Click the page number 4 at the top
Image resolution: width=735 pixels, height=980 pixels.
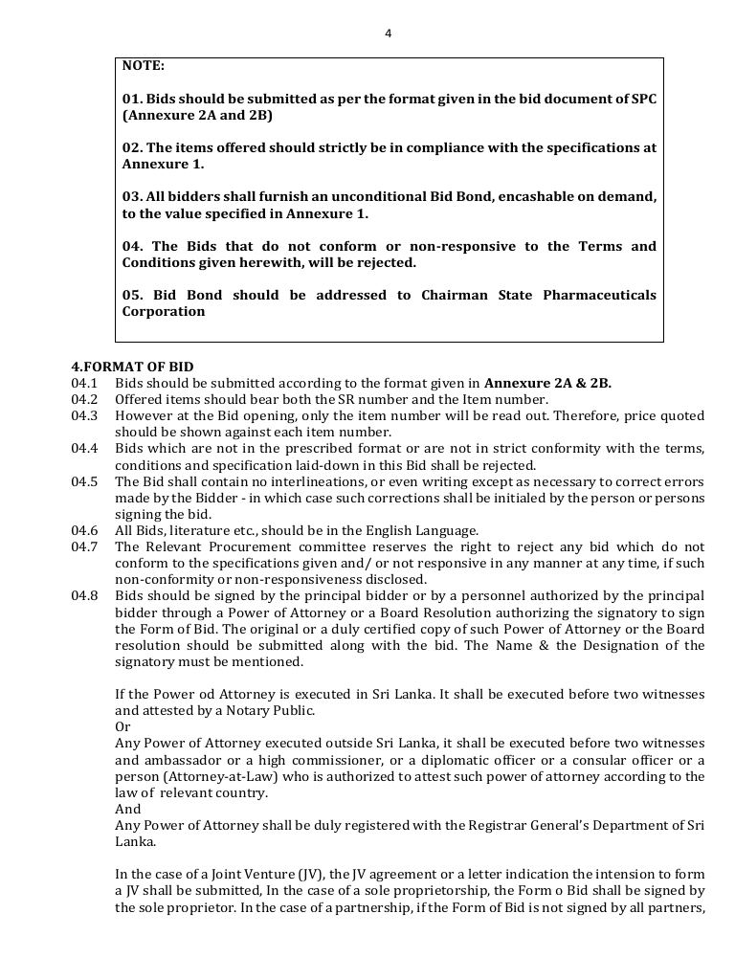tap(388, 33)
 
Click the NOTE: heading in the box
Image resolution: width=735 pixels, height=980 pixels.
tap(144, 66)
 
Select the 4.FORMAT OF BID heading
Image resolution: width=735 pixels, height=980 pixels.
tap(132, 367)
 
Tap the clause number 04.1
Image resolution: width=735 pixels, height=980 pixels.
tap(85, 383)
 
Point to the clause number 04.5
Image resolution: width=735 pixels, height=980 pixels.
tap(85, 480)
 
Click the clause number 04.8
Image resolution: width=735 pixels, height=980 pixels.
tap(85, 595)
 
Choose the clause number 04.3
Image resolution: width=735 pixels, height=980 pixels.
tap(85, 415)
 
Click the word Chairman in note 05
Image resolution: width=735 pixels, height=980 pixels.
tap(456, 295)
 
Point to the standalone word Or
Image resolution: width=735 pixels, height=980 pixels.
tap(122, 725)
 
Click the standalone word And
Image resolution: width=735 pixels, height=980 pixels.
tap(127, 808)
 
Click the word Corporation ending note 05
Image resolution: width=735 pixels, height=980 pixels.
tap(164, 311)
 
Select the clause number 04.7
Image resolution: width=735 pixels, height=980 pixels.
tap(85, 546)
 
